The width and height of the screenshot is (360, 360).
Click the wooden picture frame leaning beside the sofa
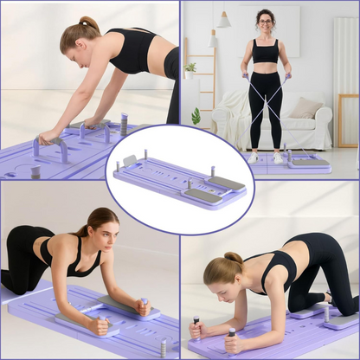(346, 121)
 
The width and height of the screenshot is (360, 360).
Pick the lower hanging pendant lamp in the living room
(213, 39)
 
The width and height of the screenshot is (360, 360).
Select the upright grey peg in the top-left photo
(124, 123)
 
